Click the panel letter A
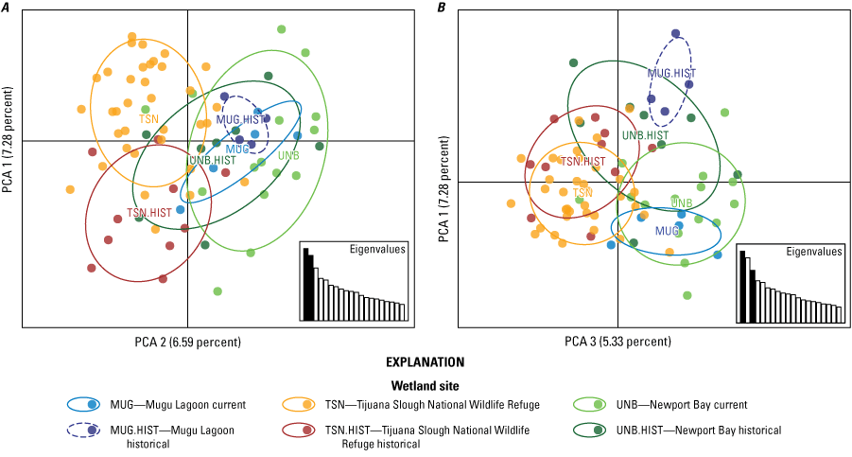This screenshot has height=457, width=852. click(x=6, y=8)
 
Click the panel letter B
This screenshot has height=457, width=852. click(x=442, y=8)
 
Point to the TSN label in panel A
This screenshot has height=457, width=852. click(x=148, y=119)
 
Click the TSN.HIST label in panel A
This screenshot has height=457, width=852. click(x=149, y=213)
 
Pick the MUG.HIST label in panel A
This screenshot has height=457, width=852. click(x=241, y=119)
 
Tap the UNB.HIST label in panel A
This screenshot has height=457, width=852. click(x=212, y=160)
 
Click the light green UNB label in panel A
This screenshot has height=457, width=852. click(x=289, y=155)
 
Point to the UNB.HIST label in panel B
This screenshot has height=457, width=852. click(x=645, y=136)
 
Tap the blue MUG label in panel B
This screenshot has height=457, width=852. click(x=668, y=231)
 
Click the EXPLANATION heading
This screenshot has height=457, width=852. click(x=426, y=362)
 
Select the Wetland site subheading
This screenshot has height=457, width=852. click(x=426, y=385)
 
